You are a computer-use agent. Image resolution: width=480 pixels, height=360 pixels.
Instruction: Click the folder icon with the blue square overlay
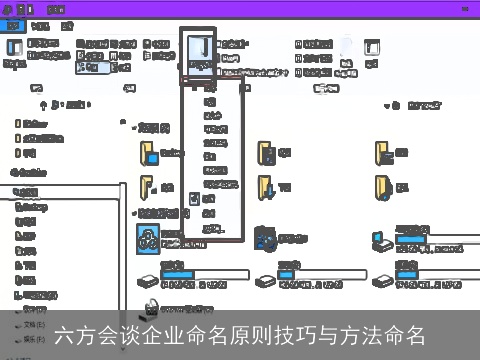(x=148, y=153)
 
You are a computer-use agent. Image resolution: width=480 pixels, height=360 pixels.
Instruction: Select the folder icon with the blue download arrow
(x=266, y=153)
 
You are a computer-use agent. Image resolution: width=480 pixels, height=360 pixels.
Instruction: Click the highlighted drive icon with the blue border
(x=148, y=237)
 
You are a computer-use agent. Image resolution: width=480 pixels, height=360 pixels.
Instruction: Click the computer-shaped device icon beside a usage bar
(x=382, y=240)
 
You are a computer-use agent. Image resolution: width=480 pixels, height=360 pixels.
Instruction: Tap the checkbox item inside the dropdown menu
(x=196, y=198)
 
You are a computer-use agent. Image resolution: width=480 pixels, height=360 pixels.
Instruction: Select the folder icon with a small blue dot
(x=381, y=153)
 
